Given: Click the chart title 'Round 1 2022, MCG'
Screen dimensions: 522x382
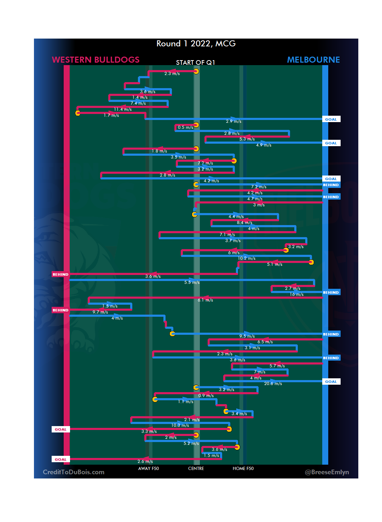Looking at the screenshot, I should (x=196, y=44).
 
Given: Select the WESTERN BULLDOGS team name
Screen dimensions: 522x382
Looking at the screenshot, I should (x=95, y=60).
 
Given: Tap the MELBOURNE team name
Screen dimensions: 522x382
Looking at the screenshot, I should (x=313, y=60).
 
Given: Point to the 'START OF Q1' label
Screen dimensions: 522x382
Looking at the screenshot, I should (x=196, y=63).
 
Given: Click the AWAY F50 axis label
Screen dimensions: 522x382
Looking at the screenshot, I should (x=149, y=469).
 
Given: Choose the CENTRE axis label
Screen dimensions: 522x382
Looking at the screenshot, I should (x=196, y=469).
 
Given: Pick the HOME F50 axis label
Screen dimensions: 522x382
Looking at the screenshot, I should (x=243, y=469).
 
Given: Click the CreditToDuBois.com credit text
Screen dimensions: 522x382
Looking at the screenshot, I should (x=74, y=472).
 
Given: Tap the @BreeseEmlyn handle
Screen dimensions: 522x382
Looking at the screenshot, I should (x=327, y=472).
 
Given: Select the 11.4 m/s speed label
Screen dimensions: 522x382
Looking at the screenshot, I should (x=123, y=110).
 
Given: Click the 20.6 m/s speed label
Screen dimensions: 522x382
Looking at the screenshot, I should (x=273, y=384).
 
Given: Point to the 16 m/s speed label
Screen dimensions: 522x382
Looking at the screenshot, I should (x=297, y=294).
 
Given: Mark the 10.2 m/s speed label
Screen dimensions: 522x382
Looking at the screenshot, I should (x=247, y=258).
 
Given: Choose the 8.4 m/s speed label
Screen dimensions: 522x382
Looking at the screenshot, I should (x=244, y=223).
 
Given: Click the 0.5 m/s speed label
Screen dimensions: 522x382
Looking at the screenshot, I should (x=185, y=127).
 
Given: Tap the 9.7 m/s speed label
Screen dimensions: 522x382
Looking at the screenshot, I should (x=100, y=312).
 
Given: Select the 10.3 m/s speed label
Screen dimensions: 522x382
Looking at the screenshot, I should (x=180, y=425).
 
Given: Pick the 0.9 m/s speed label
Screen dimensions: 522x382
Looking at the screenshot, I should (x=206, y=396).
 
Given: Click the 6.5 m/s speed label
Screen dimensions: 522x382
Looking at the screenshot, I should (x=265, y=342).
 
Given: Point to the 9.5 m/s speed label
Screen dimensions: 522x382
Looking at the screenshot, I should (x=247, y=336).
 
